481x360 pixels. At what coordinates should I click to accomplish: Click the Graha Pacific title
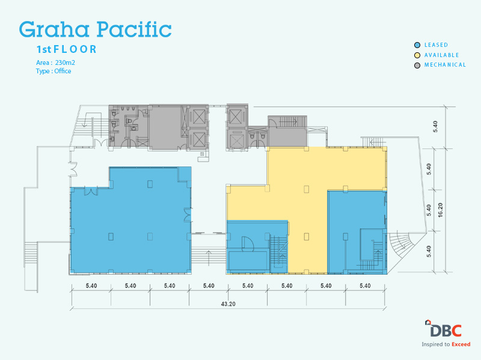pos(95,29)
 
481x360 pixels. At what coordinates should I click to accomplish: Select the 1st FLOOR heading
pos(67,49)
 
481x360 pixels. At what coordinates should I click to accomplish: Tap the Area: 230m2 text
pos(55,63)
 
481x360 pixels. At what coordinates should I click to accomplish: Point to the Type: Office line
pos(54,71)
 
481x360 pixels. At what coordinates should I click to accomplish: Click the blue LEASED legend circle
pos(417,45)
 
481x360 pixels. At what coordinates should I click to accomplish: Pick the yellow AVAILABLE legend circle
pos(417,55)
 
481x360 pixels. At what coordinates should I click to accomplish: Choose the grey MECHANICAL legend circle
pos(417,66)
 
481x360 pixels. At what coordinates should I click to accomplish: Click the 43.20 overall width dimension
pos(228,304)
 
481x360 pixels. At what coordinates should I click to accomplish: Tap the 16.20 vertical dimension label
pos(441,210)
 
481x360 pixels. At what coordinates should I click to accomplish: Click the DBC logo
pos(444,329)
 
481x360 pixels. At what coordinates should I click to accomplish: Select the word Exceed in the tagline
pos(461,344)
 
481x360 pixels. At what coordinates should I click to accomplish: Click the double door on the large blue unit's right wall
pos(188,215)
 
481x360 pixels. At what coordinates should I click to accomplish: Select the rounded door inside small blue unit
pos(247,244)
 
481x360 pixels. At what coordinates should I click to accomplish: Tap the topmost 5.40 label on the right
pos(435,127)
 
